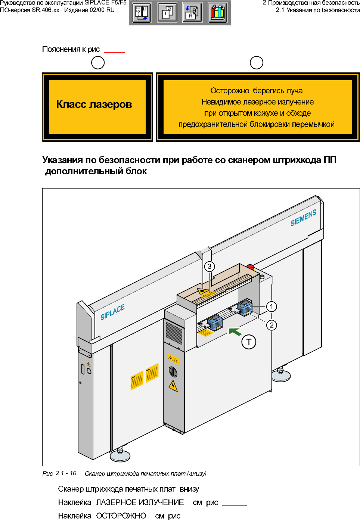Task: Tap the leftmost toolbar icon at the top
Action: pos(142,13)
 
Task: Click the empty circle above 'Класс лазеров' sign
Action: pos(98,63)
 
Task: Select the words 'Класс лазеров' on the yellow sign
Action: pos(94,105)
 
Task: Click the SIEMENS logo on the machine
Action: pos(303,218)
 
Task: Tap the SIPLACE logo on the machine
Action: pos(112,312)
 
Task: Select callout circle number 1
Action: pos(271,306)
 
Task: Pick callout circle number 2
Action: pos(271,325)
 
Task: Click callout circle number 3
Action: pos(210,267)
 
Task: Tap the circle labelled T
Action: pos(249,342)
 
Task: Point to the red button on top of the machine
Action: pos(250,267)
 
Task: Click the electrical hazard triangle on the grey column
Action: pos(173,386)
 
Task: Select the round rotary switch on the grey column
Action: pos(173,371)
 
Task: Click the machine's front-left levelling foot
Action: pos(120,454)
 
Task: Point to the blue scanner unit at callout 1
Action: pos(245,308)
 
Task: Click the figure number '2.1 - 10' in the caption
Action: pos(66,473)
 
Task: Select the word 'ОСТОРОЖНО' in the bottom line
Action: pos(121,516)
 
